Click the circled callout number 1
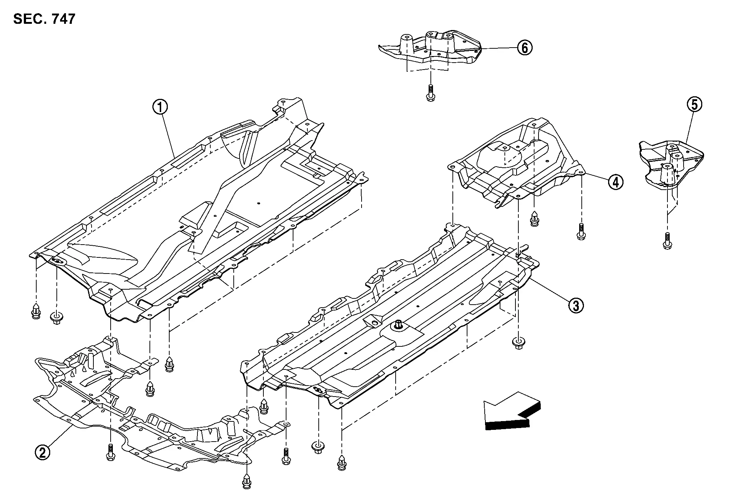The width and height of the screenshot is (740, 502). [x=160, y=107]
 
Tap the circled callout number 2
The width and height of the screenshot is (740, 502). [x=42, y=453]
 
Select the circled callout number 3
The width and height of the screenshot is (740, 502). [x=576, y=305]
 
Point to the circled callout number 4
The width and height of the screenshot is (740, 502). [x=615, y=182]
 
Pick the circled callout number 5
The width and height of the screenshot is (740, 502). [x=694, y=105]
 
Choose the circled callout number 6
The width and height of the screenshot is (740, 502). [x=525, y=48]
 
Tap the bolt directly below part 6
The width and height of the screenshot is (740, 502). [x=431, y=93]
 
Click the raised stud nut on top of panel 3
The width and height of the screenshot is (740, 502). [x=398, y=324]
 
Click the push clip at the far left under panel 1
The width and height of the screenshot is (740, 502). [x=36, y=311]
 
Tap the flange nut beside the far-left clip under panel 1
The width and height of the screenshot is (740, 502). [x=57, y=317]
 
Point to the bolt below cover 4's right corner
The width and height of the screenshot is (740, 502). [x=581, y=231]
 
